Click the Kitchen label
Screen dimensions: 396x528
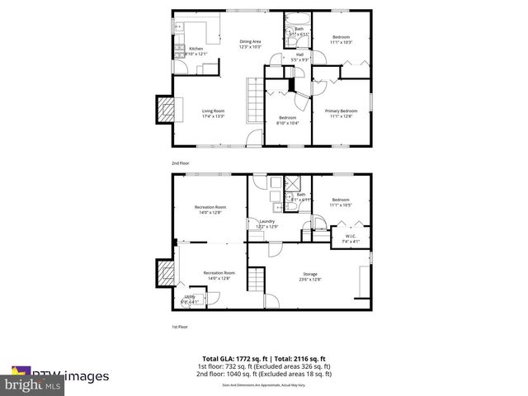point(196,49)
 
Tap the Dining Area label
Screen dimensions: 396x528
point(250,41)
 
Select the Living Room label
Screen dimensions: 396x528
point(213,111)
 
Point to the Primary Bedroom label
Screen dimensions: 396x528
point(341,111)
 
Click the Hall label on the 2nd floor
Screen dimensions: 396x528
point(299,54)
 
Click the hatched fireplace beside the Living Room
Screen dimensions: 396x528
point(168,109)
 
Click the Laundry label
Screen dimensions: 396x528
point(266,221)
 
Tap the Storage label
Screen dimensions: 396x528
point(310,274)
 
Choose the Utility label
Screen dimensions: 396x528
point(190,297)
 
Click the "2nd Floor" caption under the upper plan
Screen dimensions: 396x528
point(181,163)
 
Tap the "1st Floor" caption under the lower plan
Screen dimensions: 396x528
point(180,326)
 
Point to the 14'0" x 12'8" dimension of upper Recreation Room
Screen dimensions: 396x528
point(210,213)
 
